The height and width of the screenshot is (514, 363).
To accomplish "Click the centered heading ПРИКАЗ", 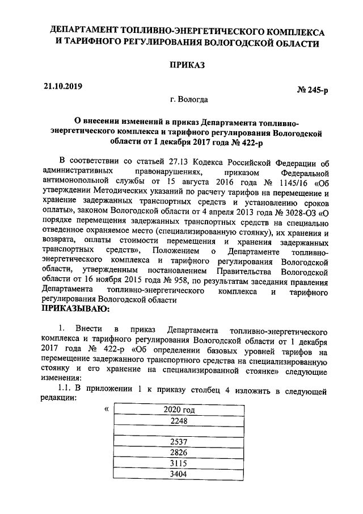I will click(187, 66).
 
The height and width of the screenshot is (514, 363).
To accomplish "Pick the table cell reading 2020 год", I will click(179, 409).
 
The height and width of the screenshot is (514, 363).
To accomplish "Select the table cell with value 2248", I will click(179, 421).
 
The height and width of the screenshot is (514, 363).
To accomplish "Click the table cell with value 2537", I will click(179, 441).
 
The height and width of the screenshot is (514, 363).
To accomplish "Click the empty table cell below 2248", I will click(179, 431).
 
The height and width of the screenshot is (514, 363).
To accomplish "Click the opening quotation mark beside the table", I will click(105, 409).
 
